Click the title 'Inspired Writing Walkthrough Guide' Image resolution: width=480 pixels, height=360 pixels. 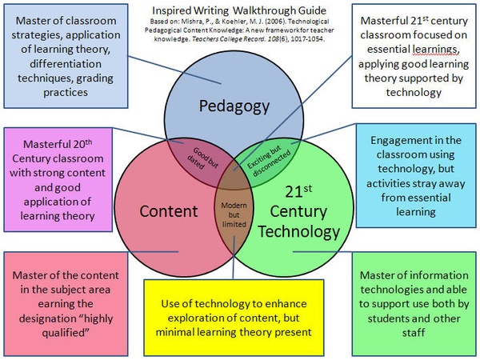240,12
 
